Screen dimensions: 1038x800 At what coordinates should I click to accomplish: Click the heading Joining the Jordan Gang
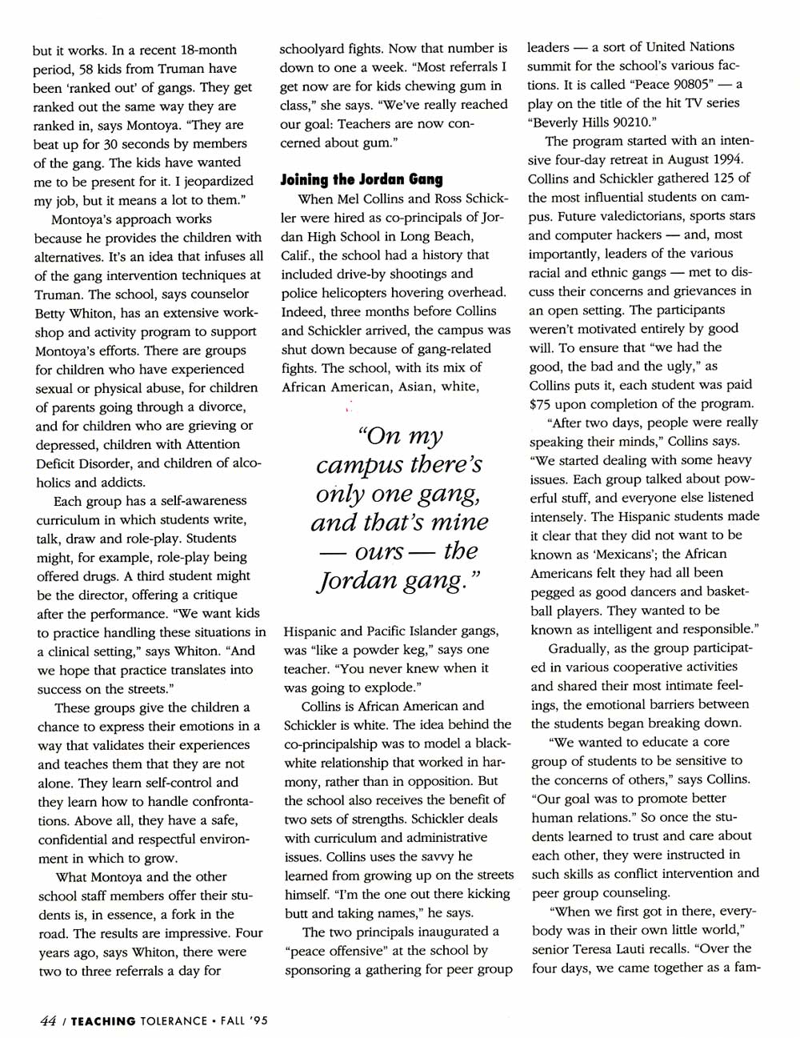[x=361, y=179]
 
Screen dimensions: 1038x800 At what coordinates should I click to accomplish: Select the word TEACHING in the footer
[x=102, y=1020]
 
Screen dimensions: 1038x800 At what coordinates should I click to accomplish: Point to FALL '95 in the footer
[x=242, y=1020]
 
